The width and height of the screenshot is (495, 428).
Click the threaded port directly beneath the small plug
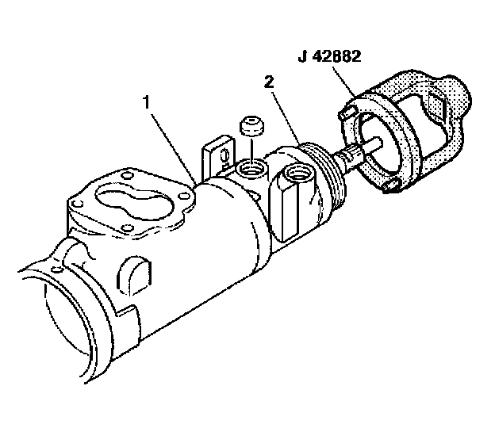(x=253, y=167)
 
